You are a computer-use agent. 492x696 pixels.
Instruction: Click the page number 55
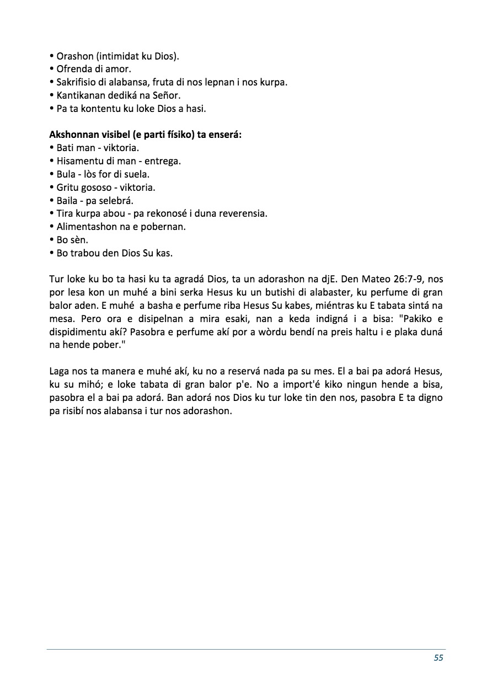click(x=438, y=657)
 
